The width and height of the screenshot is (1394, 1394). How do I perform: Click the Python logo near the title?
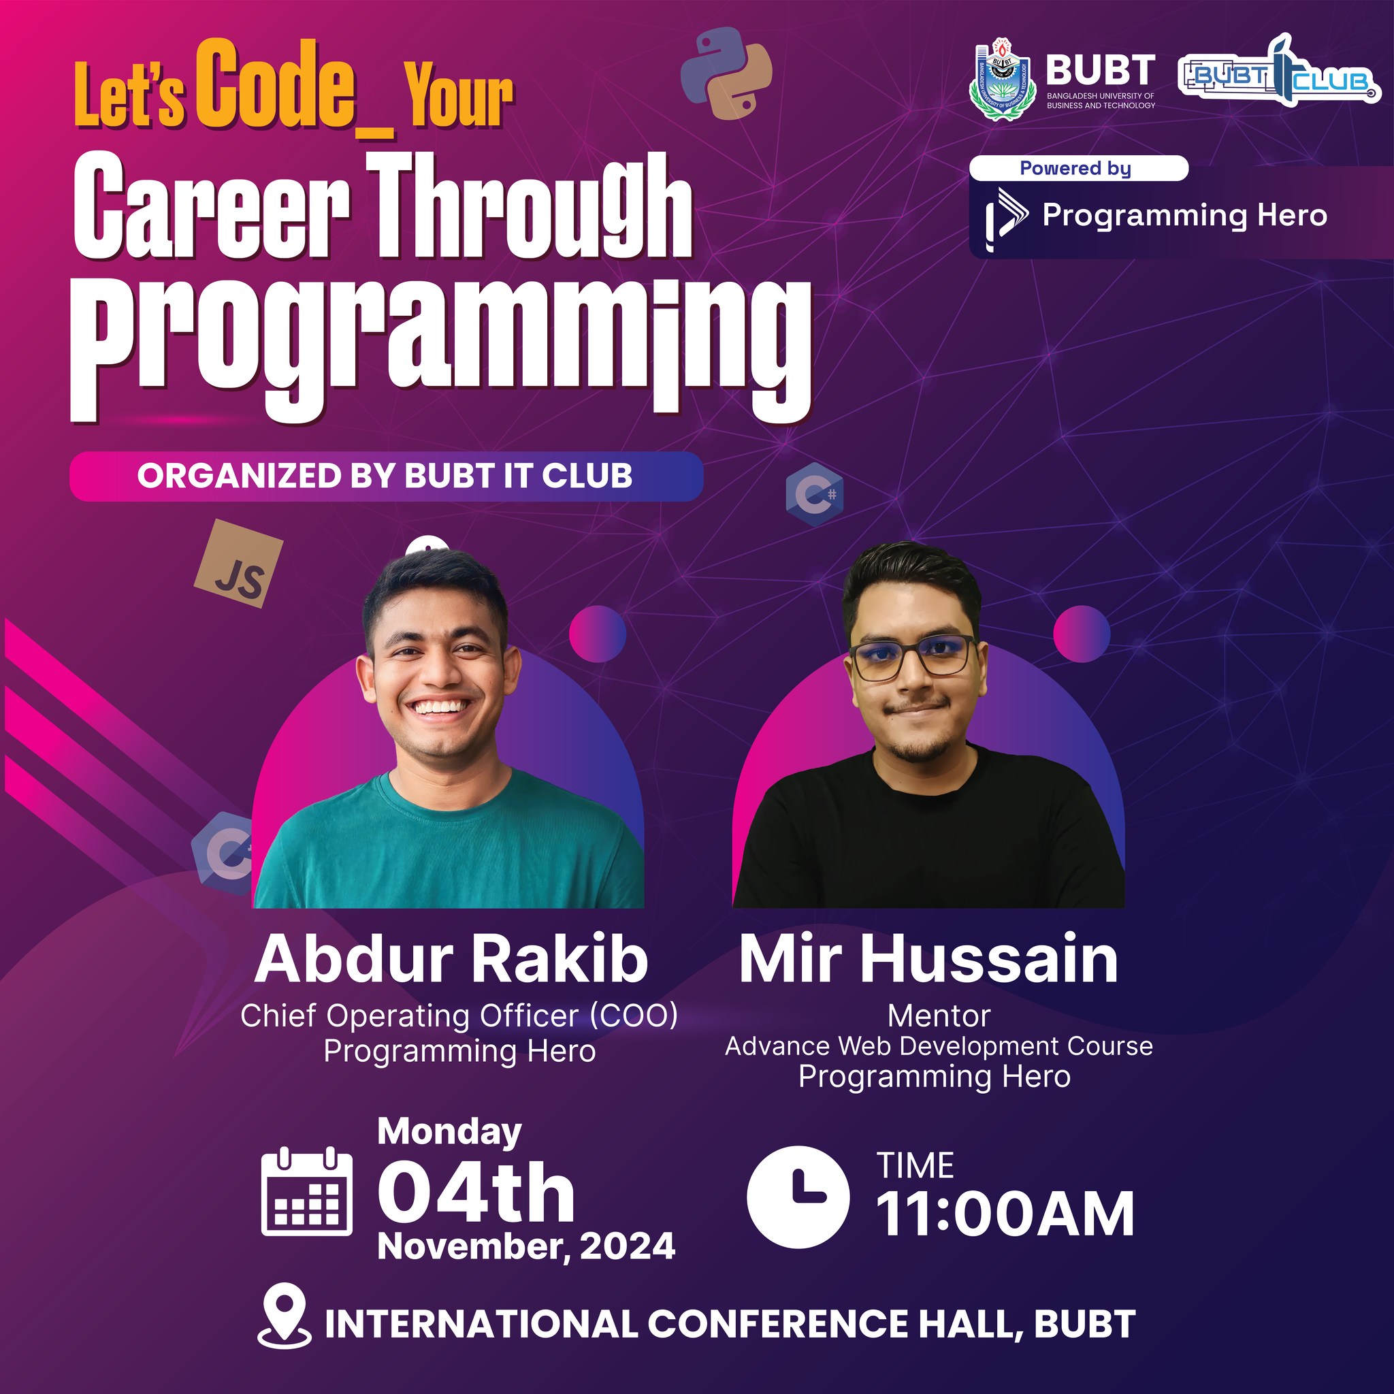(726, 73)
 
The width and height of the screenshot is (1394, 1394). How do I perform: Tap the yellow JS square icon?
(239, 564)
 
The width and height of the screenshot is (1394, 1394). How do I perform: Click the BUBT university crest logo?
(1002, 80)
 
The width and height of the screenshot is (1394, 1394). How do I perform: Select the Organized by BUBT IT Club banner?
(386, 476)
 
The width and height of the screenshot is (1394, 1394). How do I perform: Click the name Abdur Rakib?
(452, 959)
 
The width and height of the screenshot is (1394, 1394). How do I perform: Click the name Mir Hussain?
(928, 959)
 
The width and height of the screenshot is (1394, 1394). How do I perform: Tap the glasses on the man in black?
(913, 656)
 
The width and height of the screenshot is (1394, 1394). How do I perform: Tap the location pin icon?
(285, 1325)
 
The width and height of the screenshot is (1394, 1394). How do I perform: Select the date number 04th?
(476, 1193)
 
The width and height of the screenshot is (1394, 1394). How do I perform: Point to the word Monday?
(449, 1133)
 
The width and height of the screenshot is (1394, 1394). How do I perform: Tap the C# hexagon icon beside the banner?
(815, 493)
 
